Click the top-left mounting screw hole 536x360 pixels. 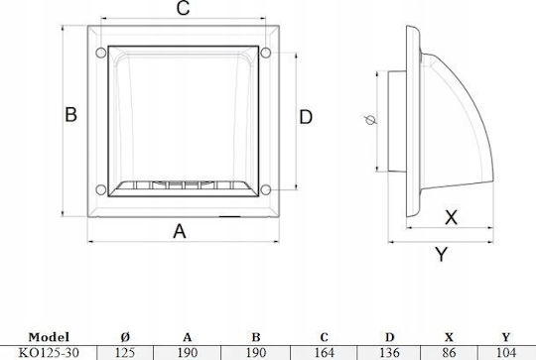[x=101, y=53]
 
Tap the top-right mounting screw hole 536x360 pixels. [x=266, y=53]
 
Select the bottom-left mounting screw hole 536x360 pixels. [x=101, y=189]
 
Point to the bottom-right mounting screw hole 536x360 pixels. [x=266, y=189]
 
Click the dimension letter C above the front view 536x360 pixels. [x=184, y=8]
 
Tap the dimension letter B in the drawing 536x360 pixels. [x=70, y=114]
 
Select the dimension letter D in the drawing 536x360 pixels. [x=306, y=117]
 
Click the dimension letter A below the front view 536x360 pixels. [x=180, y=231]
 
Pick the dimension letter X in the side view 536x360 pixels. [x=452, y=217]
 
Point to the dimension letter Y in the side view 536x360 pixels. [x=442, y=254]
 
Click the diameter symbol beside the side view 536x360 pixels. [x=370, y=120]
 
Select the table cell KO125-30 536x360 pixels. [x=49, y=352]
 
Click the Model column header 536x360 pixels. [x=49, y=337]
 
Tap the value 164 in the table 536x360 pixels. [x=324, y=352]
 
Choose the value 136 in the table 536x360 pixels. [x=389, y=352]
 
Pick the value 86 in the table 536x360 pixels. [x=449, y=352]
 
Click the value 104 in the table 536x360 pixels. [x=506, y=352]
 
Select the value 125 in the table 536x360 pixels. [x=125, y=352]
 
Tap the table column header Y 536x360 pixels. [x=506, y=337]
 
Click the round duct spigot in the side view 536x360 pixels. [x=397, y=121]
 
